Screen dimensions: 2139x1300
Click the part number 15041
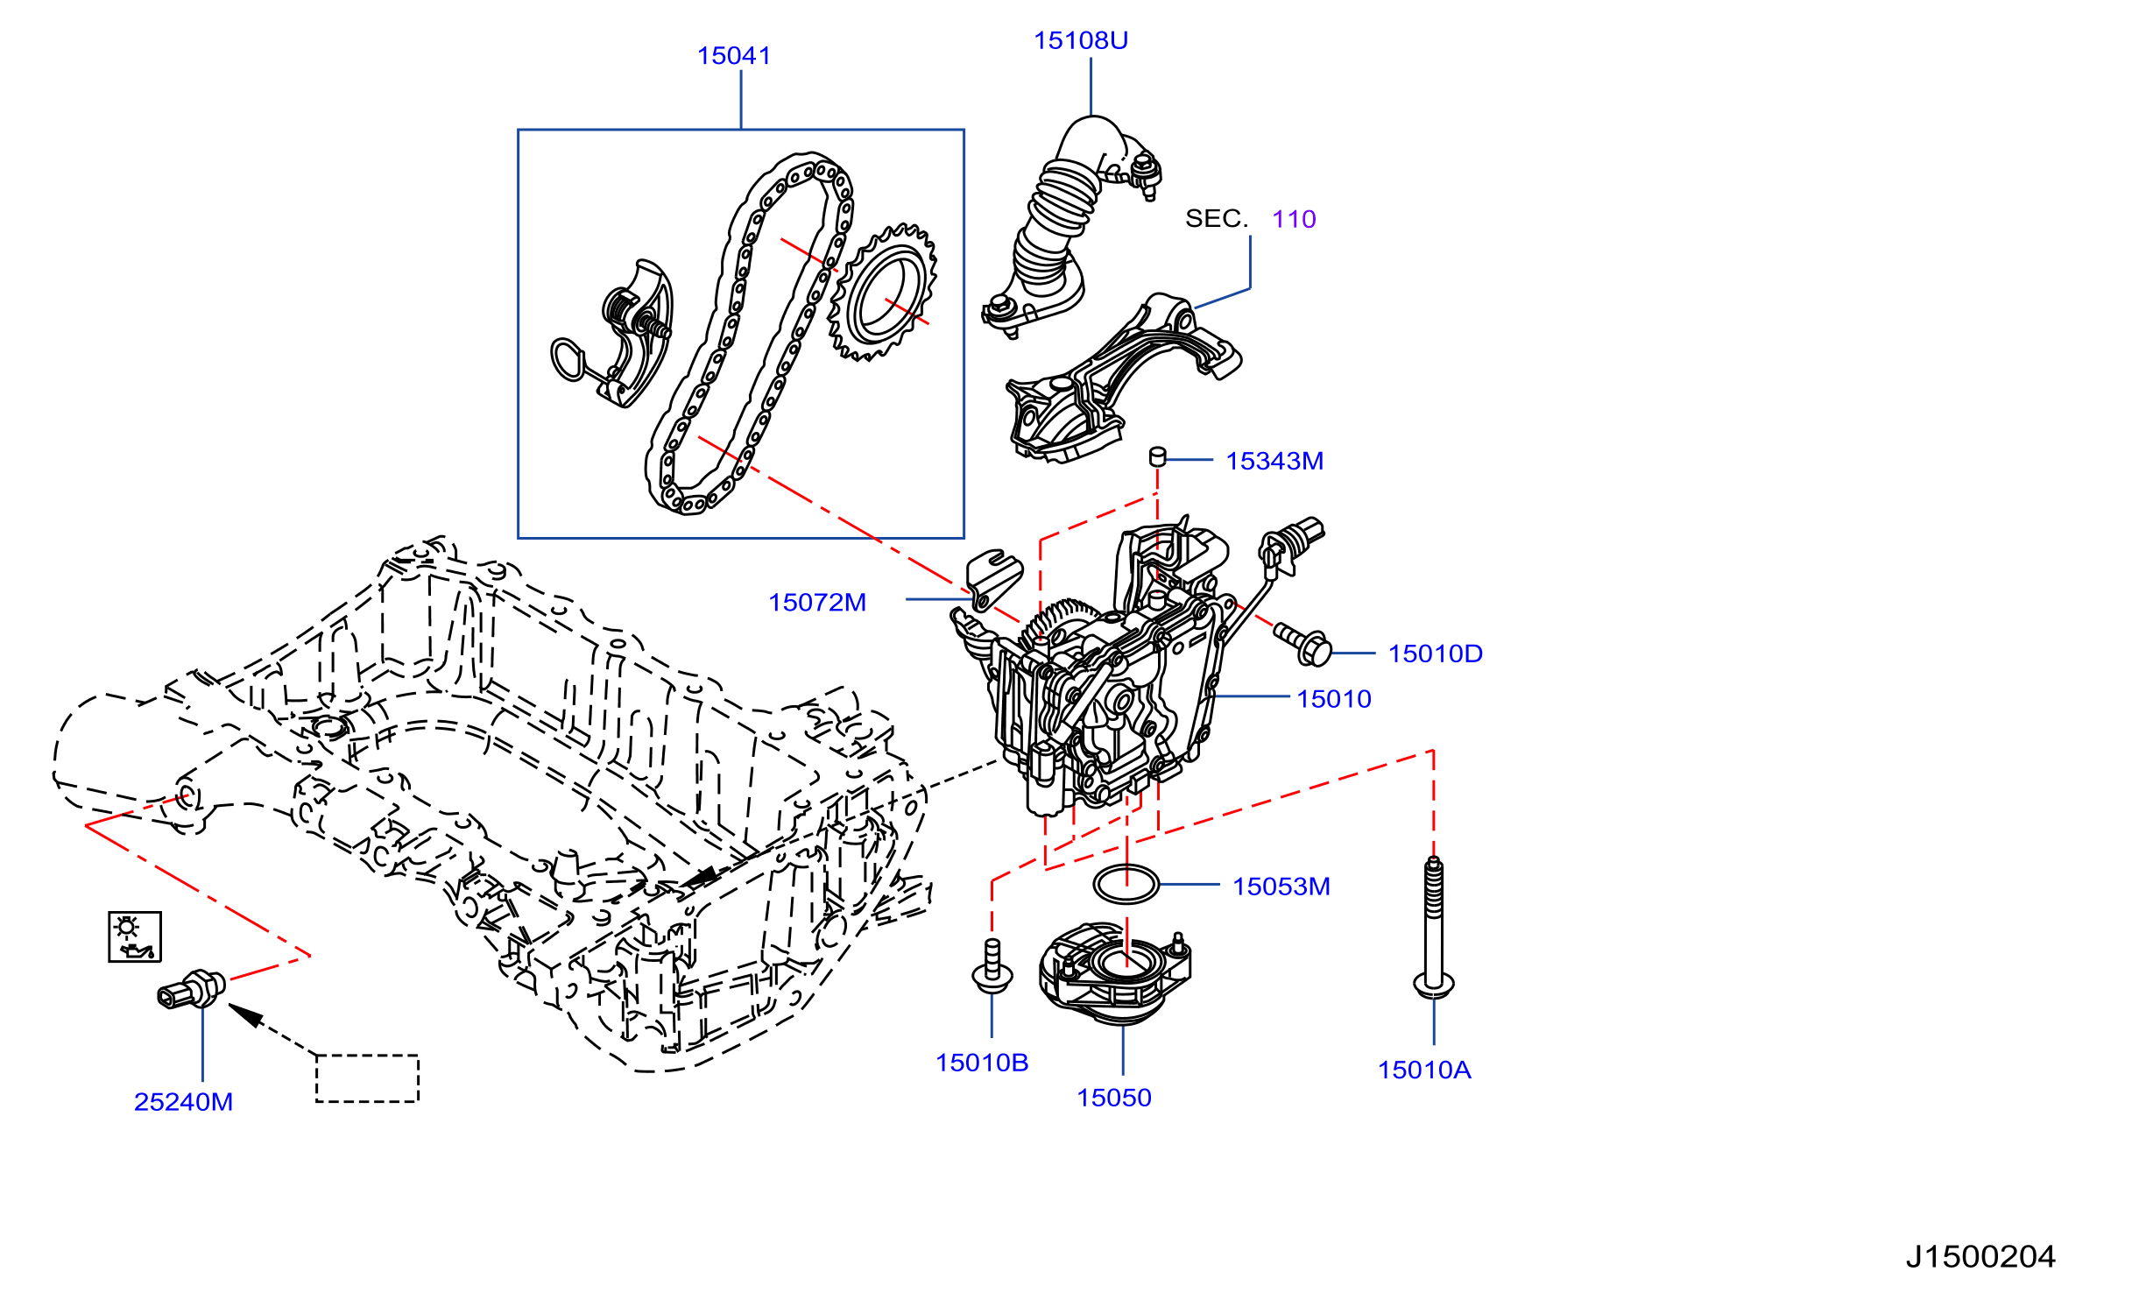733,56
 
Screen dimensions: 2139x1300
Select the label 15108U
1080,40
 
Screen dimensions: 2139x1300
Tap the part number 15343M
1274,461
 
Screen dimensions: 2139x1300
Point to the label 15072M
816,603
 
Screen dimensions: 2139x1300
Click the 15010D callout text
1435,654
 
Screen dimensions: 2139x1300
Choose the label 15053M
1281,887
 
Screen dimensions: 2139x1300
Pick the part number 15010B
982,1063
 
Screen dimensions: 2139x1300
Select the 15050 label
1113,1098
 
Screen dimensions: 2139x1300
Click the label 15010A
1424,1070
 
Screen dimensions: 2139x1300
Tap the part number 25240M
183,1102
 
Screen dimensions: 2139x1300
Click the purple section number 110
1294,219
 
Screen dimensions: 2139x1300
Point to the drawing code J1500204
1980,1257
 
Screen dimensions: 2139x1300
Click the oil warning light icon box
135,936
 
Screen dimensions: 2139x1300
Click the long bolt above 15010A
1434,928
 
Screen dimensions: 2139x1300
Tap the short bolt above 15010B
992,966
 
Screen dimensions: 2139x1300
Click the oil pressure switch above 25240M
191,990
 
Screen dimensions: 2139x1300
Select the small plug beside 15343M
1157,456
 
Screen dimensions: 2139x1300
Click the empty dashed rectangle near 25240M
367,1078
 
